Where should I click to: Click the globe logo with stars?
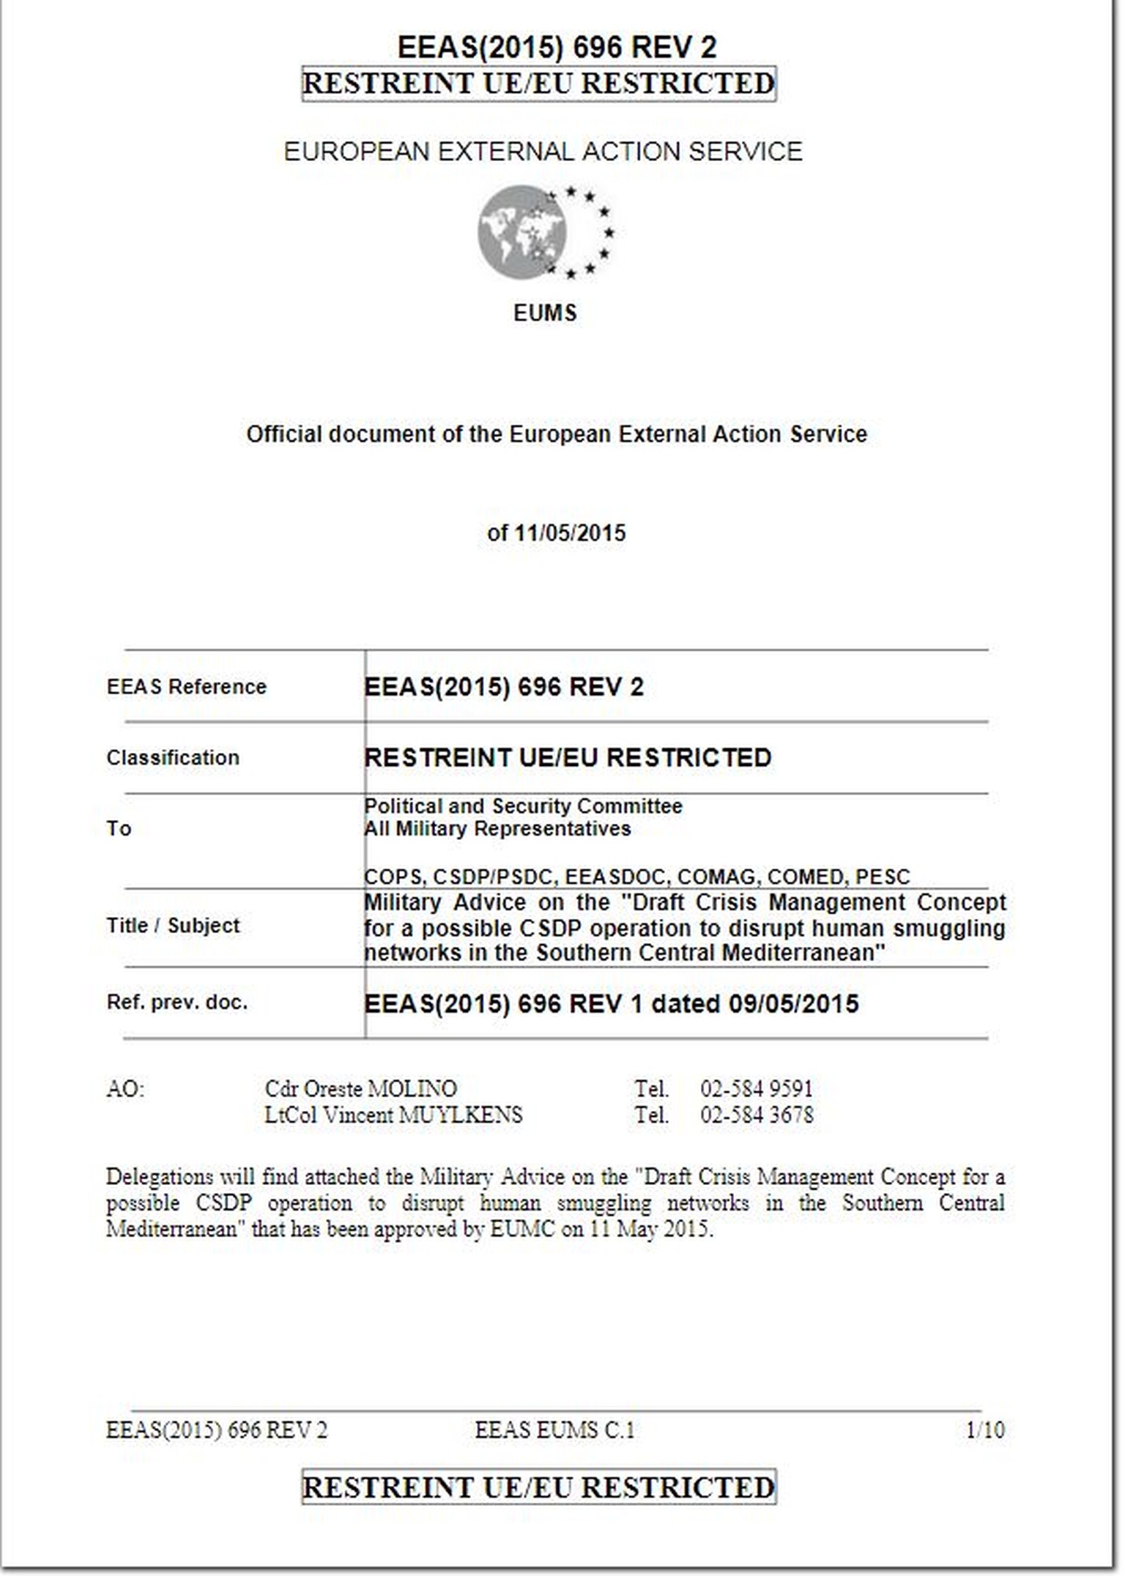pos(545,232)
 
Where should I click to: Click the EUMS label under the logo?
pos(545,313)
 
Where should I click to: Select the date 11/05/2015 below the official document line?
pos(570,532)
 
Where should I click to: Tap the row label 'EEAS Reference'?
pos(187,687)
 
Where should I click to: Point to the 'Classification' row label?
pos(173,757)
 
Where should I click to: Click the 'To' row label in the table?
pos(119,828)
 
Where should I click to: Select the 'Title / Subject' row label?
pos(173,926)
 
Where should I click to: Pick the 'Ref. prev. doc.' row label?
pos(177,1002)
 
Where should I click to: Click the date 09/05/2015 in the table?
pos(793,1003)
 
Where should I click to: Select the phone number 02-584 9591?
pos(757,1089)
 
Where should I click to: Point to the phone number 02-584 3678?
pos(757,1115)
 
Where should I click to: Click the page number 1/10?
pos(985,1430)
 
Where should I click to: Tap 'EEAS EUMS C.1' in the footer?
pos(554,1430)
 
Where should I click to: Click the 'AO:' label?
pos(125,1089)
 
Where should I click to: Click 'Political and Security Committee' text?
pos(523,806)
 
